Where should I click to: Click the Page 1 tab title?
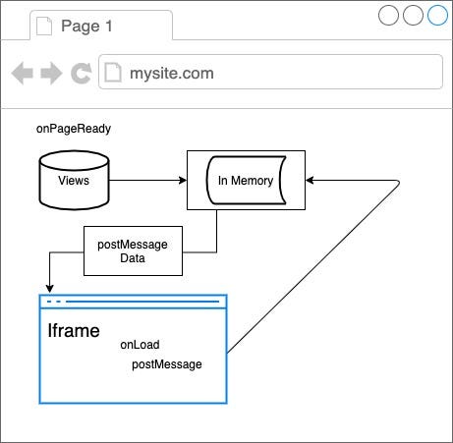pos(86,27)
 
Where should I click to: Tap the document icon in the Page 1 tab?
pos(44,27)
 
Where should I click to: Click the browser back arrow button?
pos(23,73)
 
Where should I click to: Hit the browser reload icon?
pos(81,73)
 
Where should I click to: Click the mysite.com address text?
pos(172,74)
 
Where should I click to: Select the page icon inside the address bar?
pos(113,73)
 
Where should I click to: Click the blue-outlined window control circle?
pos(437,15)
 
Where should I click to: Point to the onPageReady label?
pos(74,129)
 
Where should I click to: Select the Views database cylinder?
pos(74,180)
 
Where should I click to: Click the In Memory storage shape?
pos(246,180)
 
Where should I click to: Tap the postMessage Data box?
pos(133,250)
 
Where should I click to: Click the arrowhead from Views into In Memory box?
pos(183,180)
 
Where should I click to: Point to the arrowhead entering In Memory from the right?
pos(310,180)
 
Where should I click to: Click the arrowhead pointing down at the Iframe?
pos(49,289)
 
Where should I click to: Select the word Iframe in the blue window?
pos(74,330)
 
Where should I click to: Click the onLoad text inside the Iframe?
pos(140,345)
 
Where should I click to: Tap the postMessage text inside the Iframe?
pos(167,364)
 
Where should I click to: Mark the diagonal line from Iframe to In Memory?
pos(313,266)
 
